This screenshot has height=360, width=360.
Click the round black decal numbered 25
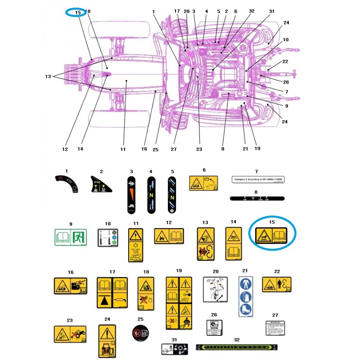pyautogui.click(x=140, y=334)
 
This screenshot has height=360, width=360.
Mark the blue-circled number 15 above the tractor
pyautogui.click(x=78, y=12)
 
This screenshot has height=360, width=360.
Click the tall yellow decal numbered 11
pyautogui.click(x=135, y=245)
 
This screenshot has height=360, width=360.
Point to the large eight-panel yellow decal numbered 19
pyautogui.click(x=179, y=302)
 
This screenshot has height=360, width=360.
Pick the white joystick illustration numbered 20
pyautogui.click(x=216, y=292)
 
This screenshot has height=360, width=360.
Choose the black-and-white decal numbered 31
pyautogui.click(x=174, y=348)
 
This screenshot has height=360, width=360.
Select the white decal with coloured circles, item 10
pyautogui.click(x=107, y=237)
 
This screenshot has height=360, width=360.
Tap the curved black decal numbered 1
pyautogui.click(x=66, y=184)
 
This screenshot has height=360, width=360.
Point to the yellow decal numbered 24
pyautogui.click(x=107, y=341)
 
